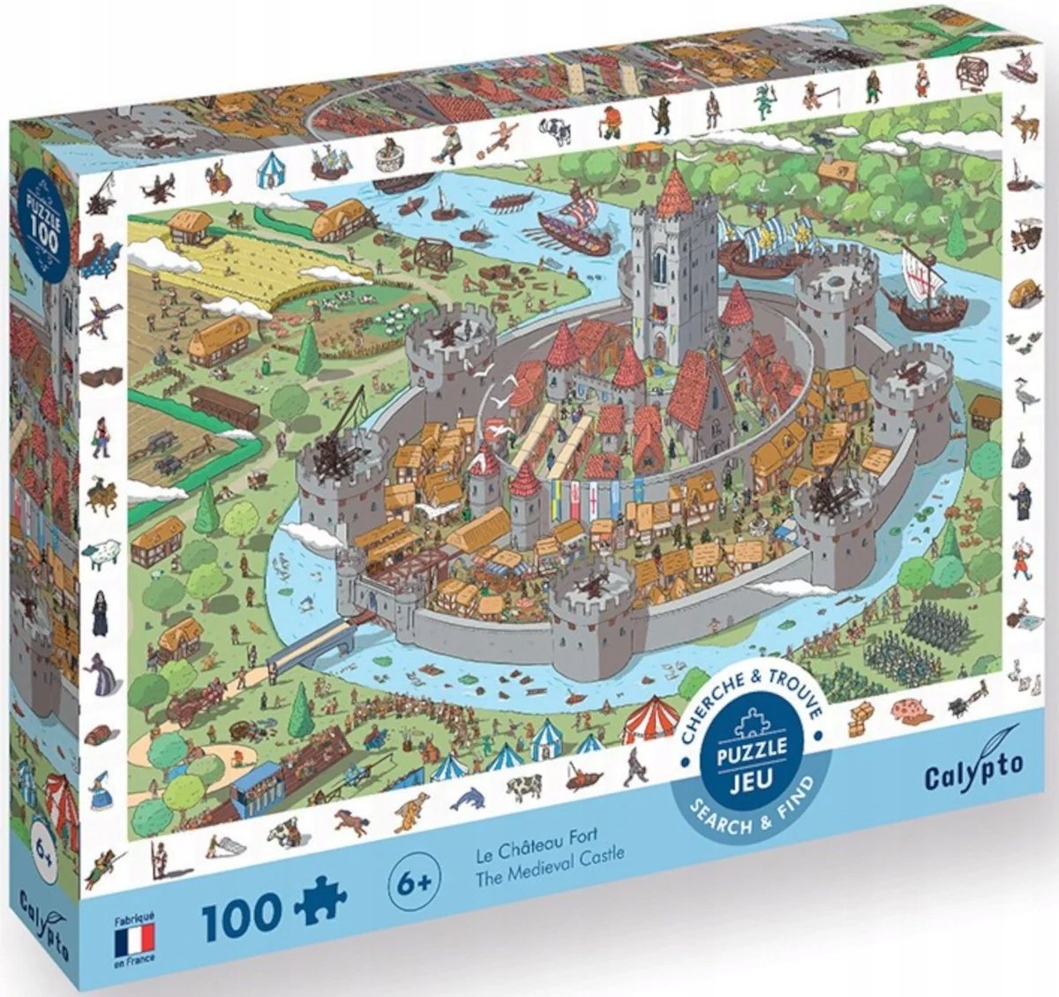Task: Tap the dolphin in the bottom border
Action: (468, 798)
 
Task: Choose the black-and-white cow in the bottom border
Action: (522, 787)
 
